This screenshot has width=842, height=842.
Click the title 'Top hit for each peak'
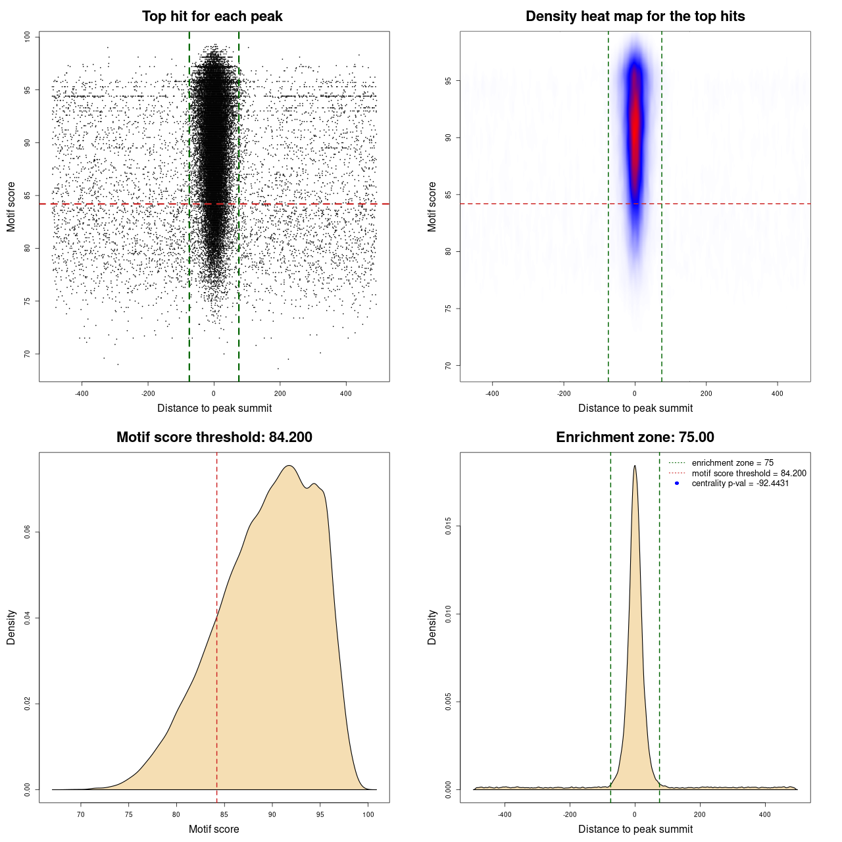click(212, 16)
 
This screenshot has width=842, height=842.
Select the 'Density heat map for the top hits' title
click(635, 16)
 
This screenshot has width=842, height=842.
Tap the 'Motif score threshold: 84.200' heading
click(214, 437)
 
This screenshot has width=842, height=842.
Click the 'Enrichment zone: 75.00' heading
click(635, 437)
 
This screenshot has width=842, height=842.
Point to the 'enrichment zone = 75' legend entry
click(732, 463)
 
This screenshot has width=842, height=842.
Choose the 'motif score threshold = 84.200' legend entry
click(749, 473)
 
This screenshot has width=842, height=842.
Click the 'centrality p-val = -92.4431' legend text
click(740, 483)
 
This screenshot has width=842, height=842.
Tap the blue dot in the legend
click(677, 483)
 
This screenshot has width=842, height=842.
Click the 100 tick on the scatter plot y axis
click(28, 37)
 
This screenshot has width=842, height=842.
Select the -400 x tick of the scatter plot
click(82, 393)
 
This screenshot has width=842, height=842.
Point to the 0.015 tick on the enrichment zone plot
click(449, 526)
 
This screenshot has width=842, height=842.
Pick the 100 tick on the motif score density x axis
click(368, 814)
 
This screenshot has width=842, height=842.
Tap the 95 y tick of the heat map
click(449, 81)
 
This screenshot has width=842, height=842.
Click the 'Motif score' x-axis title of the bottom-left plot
click(214, 829)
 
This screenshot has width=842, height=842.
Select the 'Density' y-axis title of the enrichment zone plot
click(432, 627)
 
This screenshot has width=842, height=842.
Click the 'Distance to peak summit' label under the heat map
click(635, 408)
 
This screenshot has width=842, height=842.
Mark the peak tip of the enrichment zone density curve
click(635, 466)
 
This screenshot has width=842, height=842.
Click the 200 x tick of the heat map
click(706, 393)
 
